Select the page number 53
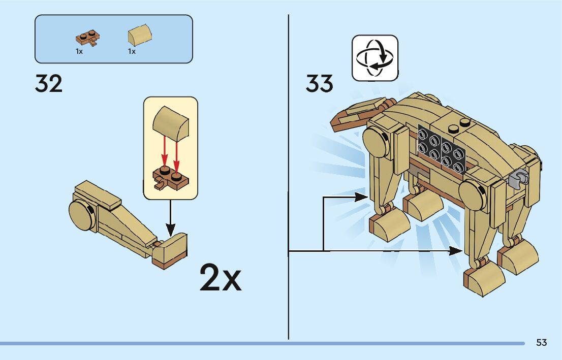541,343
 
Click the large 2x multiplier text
220,277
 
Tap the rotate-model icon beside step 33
375,58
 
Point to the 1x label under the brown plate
79,51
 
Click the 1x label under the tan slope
132,51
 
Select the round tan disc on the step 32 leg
81,214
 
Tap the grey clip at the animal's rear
517,179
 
